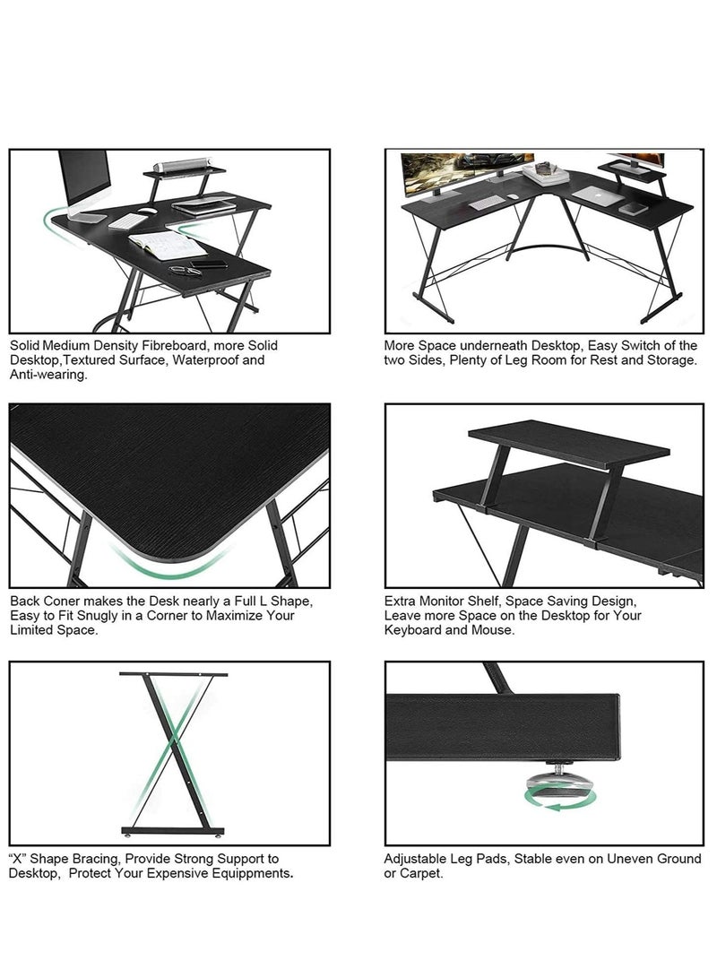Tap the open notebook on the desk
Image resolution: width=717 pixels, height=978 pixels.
tap(167, 244)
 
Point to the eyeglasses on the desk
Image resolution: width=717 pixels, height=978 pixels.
tap(185, 269)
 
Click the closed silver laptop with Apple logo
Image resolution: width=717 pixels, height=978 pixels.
tap(598, 195)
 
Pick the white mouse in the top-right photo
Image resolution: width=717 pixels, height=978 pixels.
tap(512, 195)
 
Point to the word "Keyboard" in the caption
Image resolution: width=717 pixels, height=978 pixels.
tap(414, 629)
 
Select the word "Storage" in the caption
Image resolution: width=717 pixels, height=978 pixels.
tap(671, 359)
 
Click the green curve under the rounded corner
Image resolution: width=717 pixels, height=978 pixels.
tap(169, 562)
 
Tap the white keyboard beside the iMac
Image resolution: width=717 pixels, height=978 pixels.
tap(128, 221)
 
